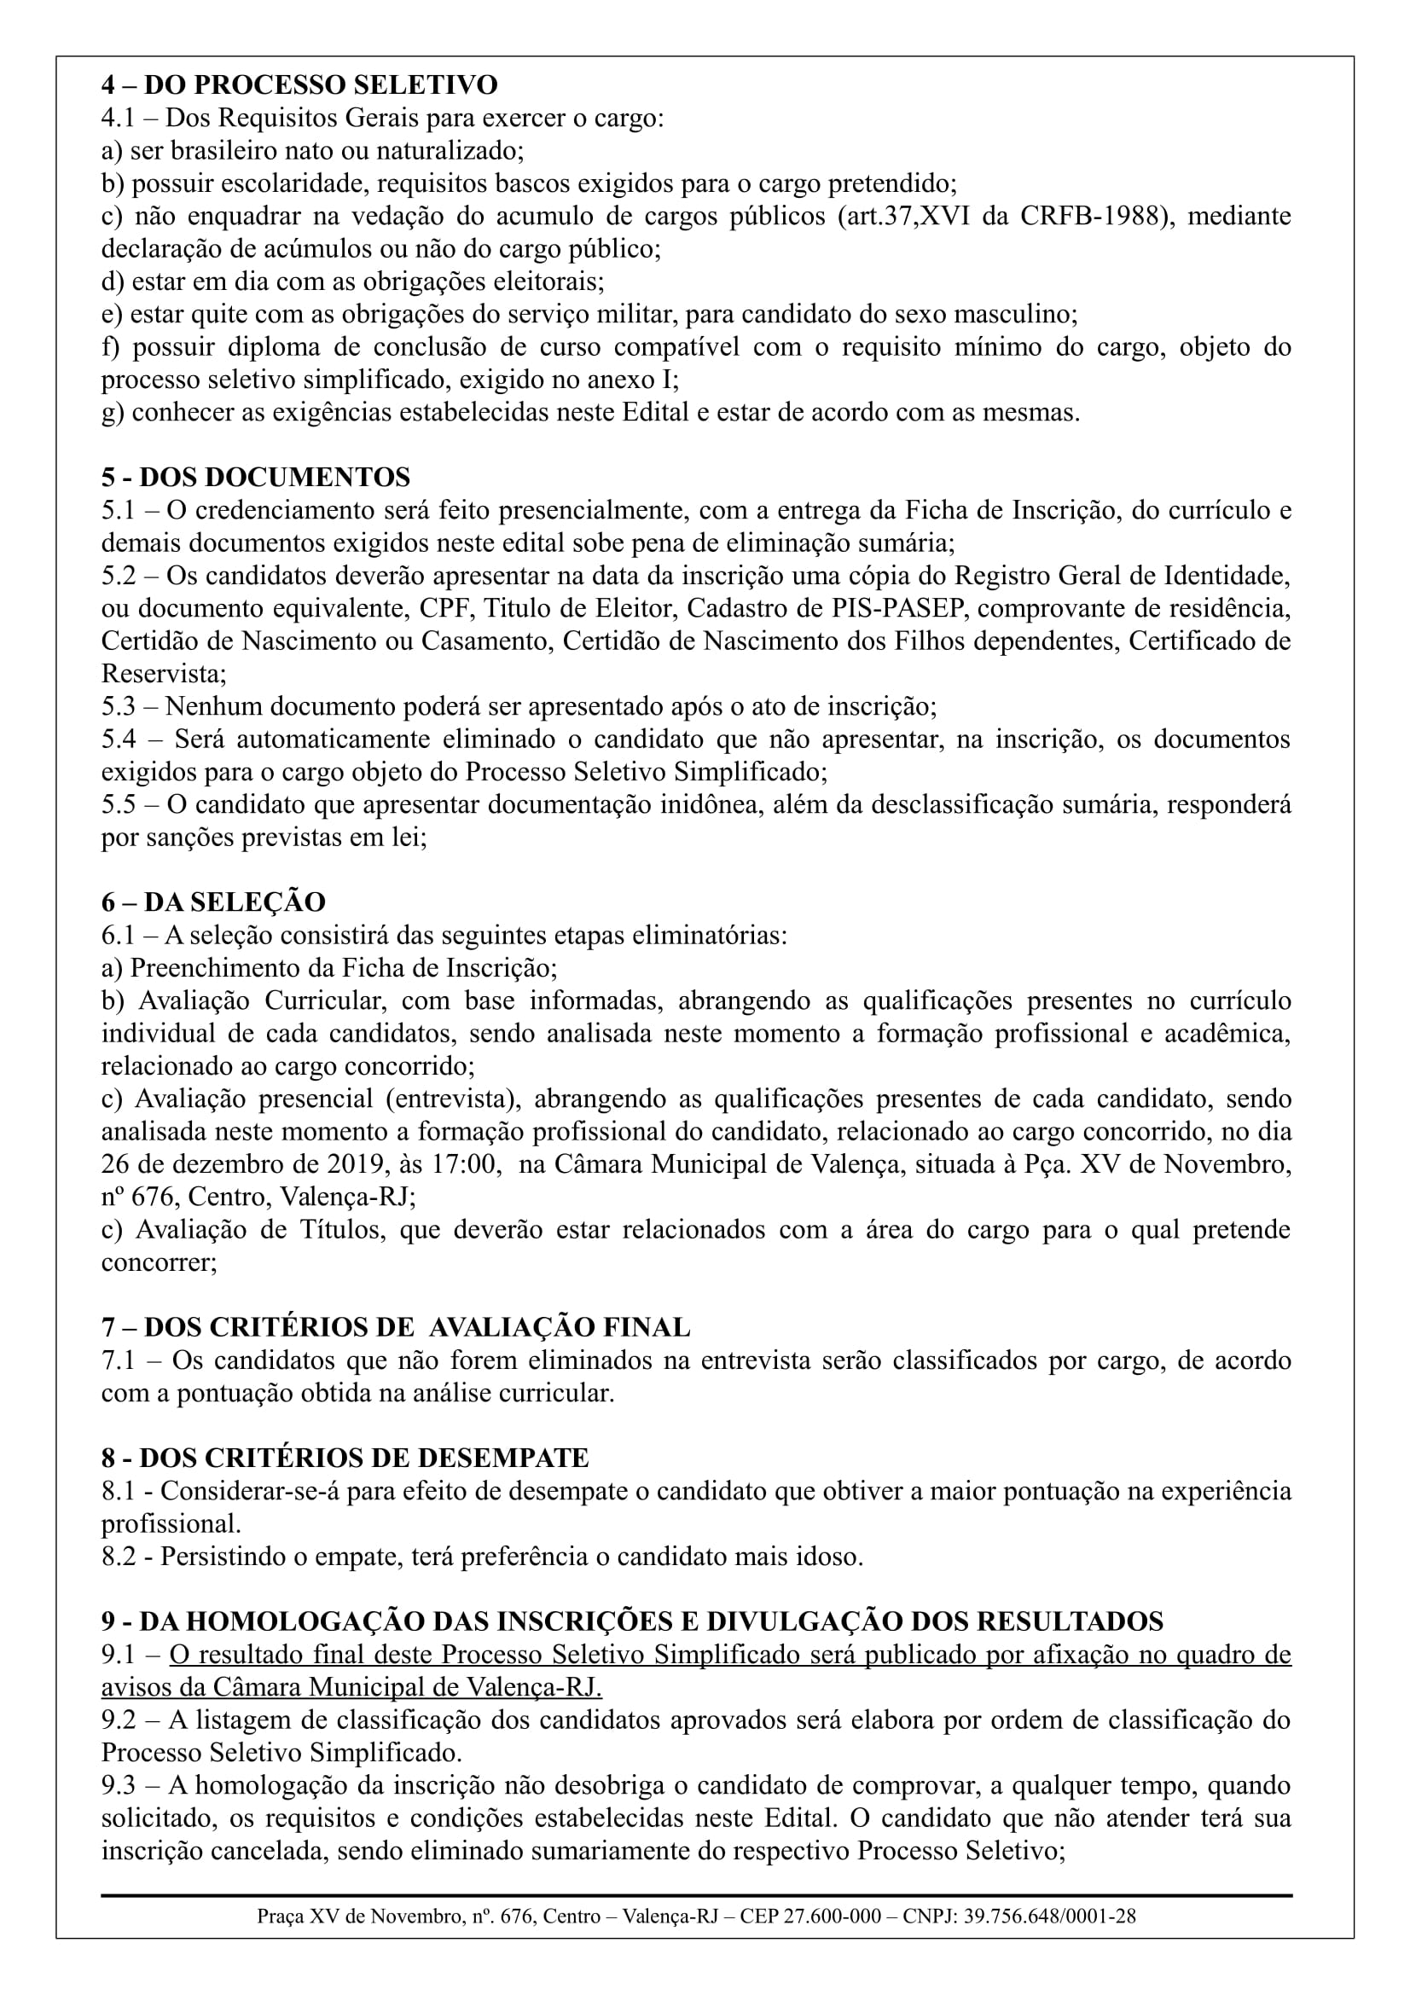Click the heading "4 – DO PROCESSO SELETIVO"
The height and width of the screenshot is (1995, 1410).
(x=299, y=85)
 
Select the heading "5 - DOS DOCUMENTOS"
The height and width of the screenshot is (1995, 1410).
(x=255, y=477)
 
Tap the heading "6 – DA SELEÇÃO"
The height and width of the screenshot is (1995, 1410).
(x=213, y=902)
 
